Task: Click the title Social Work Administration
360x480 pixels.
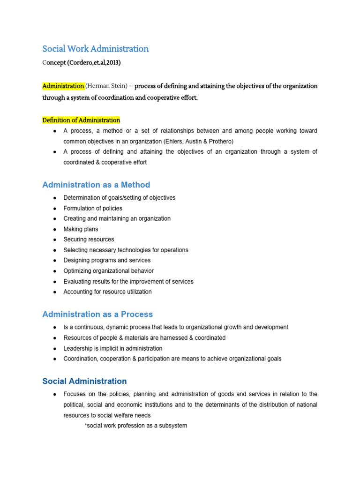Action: click(x=96, y=49)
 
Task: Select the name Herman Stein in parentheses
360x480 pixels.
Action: click(x=107, y=86)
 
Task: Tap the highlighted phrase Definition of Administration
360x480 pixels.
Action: click(x=81, y=120)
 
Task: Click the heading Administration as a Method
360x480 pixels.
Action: click(x=96, y=185)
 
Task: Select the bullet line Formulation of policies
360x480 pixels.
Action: click(x=93, y=208)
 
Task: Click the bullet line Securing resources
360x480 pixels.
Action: click(x=89, y=240)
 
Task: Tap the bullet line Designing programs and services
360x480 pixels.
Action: click(x=107, y=260)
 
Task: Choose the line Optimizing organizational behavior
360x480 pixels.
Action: click(x=108, y=271)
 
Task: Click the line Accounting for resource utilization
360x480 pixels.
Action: click(x=107, y=292)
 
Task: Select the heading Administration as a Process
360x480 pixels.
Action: click(x=97, y=314)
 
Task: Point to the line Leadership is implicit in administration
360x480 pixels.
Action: click(x=113, y=348)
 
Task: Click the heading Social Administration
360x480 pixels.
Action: click(x=84, y=381)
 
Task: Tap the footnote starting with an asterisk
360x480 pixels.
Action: click(x=135, y=426)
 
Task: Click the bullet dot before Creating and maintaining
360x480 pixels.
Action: click(x=55, y=219)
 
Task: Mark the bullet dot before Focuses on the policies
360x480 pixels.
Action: click(x=55, y=394)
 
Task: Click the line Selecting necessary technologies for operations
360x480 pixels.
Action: click(x=126, y=250)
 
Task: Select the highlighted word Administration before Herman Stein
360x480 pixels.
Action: click(x=63, y=86)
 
